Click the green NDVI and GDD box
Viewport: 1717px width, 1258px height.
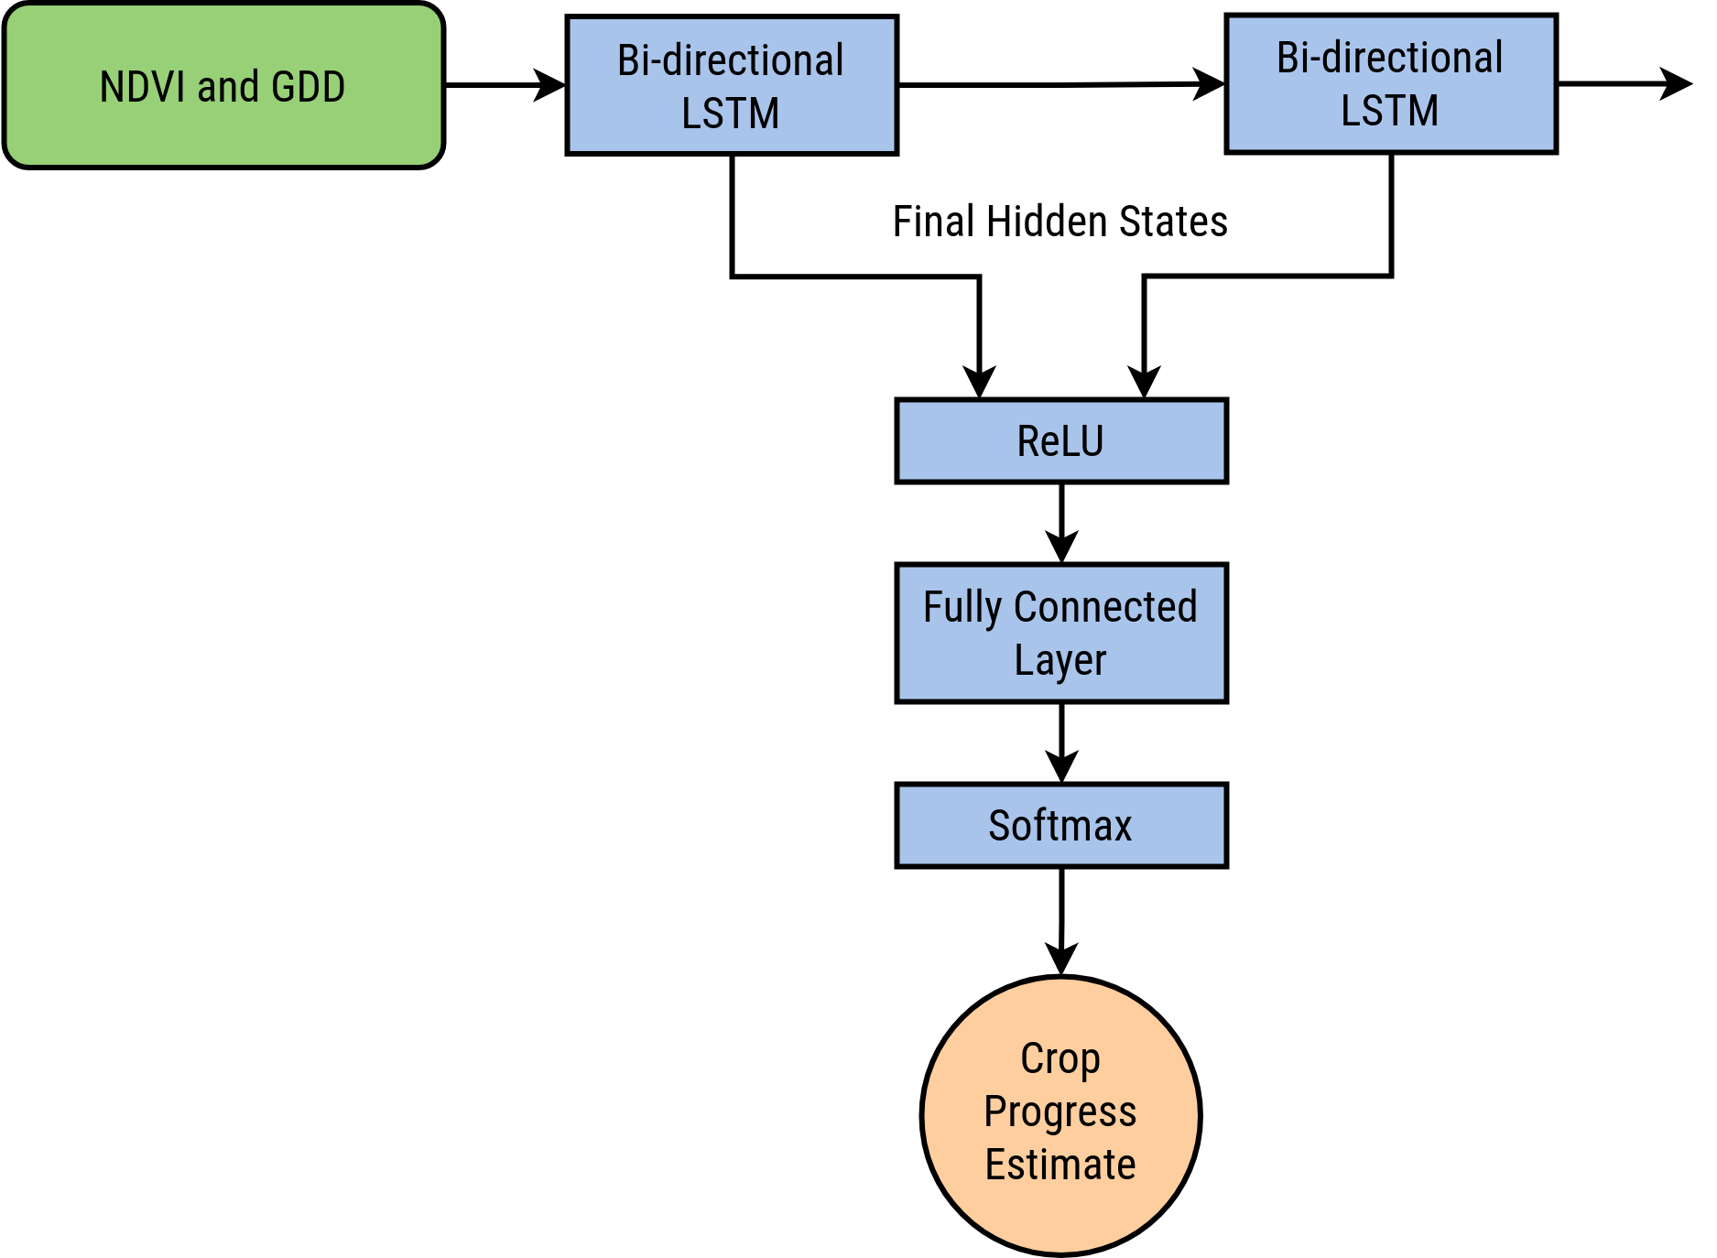coord(224,85)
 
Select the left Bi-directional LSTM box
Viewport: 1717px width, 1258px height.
coord(732,85)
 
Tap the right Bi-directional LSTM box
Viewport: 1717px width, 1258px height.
coord(1391,83)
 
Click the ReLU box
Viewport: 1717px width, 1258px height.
coord(1061,440)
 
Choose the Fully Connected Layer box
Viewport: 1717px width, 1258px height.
coord(1061,633)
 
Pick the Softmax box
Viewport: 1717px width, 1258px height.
coord(1061,825)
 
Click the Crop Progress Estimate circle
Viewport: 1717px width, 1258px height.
coord(1061,1115)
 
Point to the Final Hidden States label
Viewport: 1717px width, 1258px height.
coord(1060,222)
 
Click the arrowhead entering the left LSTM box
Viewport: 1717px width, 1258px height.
coord(551,85)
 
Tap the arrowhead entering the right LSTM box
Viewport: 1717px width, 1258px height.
coord(1211,84)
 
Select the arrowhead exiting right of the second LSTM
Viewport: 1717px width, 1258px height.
coord(1677,84)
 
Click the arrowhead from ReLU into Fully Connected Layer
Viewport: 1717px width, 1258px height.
coord(1061,548)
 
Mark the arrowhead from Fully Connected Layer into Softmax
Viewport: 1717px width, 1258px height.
coord(1061,767)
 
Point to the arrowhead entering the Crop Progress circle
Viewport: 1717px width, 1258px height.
coord(1061,960)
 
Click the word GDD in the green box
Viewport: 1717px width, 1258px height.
coord(308,87)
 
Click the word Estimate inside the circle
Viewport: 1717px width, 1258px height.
coord(1060,1165)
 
